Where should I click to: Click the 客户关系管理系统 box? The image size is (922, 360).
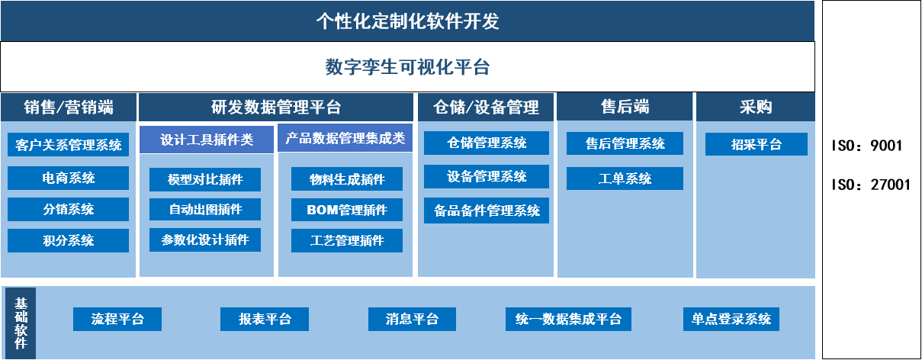[x=69, y=144]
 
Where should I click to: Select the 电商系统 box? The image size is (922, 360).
[x=69, y=178]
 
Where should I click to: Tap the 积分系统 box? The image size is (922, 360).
[x=69, y=240]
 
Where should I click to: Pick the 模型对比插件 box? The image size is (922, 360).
[x=205, y=179]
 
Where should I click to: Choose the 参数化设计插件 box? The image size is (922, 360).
[x=205, y=239]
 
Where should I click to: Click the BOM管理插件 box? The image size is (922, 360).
[x=347, y=210]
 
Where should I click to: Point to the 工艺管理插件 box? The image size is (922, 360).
[x=347, y=240]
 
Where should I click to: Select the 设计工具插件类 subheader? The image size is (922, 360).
[x=207, y=140]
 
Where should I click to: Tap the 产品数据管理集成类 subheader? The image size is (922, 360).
[x=345, y=138]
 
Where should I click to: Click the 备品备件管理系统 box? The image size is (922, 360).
[x=487, y=211]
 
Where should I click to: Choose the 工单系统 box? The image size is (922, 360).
[x=625, y=178]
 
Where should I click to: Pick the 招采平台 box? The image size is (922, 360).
[x=756, y=144]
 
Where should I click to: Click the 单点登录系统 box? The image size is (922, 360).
[x=731, y=319]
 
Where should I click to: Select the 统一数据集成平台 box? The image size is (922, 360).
[x=568, y=319]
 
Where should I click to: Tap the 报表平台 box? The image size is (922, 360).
[x=265, y=319]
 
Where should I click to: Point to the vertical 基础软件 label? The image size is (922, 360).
[x=21, y=323]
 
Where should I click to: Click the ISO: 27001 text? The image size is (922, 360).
[x=871, y=185]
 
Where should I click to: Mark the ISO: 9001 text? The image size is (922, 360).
[x=866, y=146]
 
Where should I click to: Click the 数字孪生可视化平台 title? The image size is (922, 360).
[x=407, y=67]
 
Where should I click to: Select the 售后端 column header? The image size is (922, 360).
[x=625, y=107]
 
